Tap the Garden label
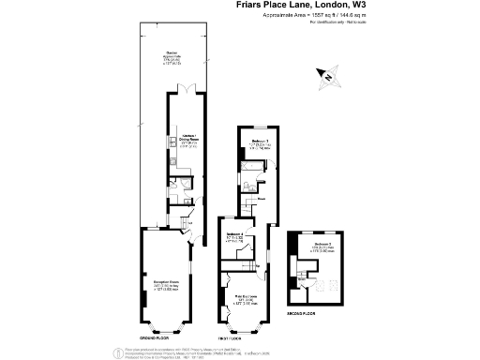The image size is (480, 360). [x=172, y=56]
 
